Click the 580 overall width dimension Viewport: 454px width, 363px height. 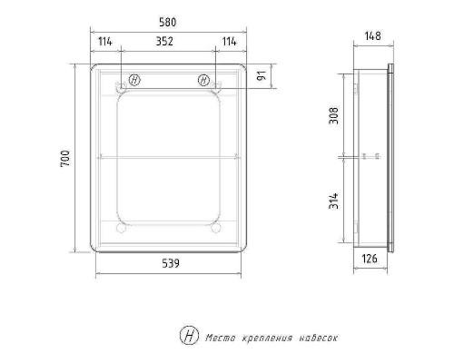[x=167, y=23]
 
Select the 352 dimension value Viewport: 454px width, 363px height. [x=164, y=42]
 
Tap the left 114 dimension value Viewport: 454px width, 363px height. [x=105, y=42]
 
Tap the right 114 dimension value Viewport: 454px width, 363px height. [x=230, y=42]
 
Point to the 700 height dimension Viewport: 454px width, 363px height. [x=65, y=159]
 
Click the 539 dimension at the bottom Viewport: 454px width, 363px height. [x=171, y=263]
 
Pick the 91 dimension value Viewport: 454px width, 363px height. [x=262, y=75]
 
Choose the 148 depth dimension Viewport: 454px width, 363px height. [x=372, y=36]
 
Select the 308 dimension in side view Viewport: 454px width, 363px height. [x=334, y=115]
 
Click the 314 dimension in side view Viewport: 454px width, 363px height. [x=334, y=201]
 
